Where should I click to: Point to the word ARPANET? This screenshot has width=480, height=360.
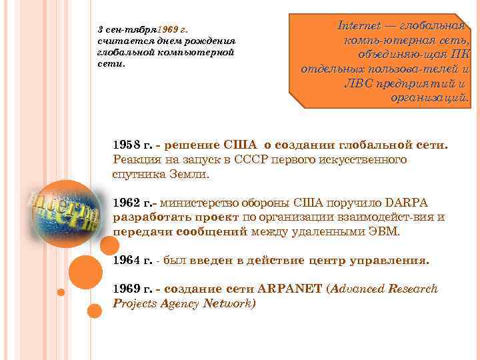294,289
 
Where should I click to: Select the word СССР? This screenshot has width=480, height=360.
271,161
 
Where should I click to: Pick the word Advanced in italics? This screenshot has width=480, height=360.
364,289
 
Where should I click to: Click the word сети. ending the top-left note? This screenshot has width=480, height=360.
111,65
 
